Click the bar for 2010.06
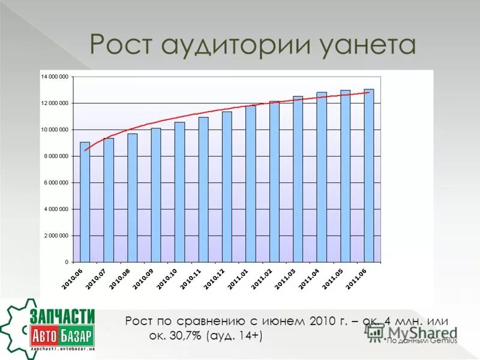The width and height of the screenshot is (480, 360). [x=85, y=202]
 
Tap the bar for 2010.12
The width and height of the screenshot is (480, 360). [x=227, y=187]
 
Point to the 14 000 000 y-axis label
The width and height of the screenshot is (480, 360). [x=54, y=77]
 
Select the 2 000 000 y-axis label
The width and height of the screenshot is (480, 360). [x=56, y=236]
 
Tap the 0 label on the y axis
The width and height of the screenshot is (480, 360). [x=66, y=262]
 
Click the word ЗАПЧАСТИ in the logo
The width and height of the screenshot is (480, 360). [x=62, y=316]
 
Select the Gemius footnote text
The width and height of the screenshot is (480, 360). [x=421, y=341]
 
